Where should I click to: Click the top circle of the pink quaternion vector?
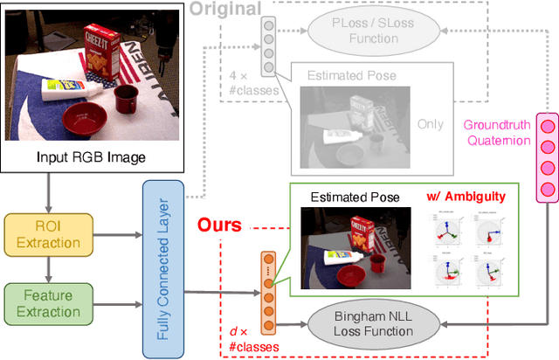[x=548, y=126]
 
